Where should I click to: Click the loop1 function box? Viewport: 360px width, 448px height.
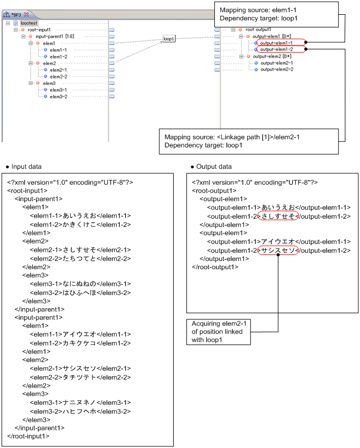point(169,39)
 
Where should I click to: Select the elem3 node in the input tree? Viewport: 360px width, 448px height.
point(49,83)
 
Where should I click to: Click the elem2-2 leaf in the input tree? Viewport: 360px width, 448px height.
point(58,76)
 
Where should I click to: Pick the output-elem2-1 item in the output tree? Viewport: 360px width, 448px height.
point(276,63)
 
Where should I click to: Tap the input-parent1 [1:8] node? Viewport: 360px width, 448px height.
point(51,36)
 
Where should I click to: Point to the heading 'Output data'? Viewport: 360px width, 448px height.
point(214,167)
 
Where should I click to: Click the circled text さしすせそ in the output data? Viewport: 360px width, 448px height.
point(278,217)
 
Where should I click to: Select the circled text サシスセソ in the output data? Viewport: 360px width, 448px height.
point(278,251)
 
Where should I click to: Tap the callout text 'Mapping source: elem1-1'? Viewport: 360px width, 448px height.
point(252,10)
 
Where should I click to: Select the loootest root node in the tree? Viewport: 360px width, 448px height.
point(29,23)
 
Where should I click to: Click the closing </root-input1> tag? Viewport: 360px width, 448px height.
point(28,436)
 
